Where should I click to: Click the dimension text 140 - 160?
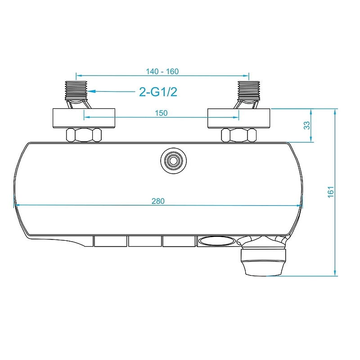point(162,72)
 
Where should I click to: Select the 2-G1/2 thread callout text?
point(157,92)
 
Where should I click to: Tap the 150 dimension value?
point(161,113)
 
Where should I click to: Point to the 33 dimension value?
point(307,126)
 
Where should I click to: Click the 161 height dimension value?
point(331,192)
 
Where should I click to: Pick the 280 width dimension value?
point(157,201)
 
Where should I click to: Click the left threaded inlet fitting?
point(76,90)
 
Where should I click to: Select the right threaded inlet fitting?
point(248,90)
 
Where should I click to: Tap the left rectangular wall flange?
point(84,118)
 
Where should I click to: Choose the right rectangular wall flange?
point(238,118)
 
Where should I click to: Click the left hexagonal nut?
point(84,135)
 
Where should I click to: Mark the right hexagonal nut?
point(238,135)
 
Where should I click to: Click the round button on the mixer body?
point(172,160)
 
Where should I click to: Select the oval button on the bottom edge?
point(216,242)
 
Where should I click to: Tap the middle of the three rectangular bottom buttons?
point(144,242)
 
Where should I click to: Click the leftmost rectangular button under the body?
point(110,242)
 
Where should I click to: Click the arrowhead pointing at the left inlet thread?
point(91,92)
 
